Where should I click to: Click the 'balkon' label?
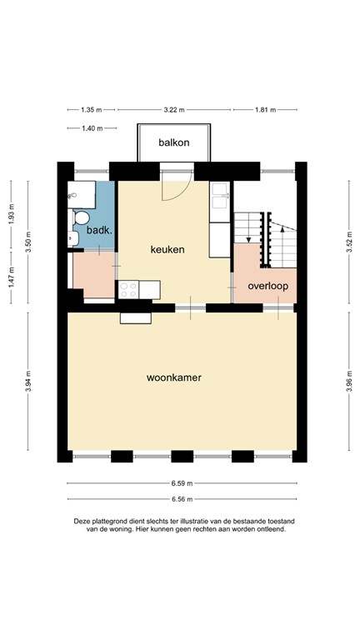click(174, 142)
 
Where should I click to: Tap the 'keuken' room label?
click(167, 249)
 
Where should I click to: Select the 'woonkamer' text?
click(174, 377)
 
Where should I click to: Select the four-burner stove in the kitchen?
click(128, 290)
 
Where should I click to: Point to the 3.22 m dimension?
click(174, 109)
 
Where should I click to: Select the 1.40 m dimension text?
click(92, 128)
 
